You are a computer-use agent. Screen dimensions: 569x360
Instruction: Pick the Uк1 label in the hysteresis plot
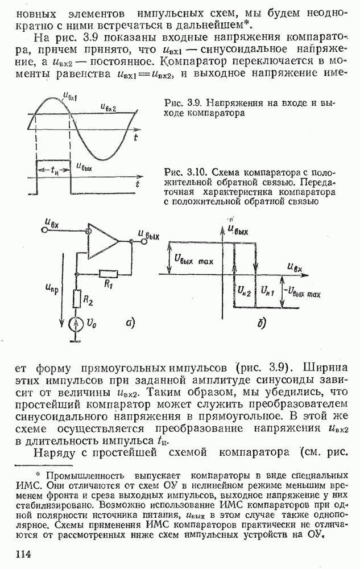point(268,291)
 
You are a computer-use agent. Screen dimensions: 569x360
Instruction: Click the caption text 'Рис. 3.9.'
point(180,104)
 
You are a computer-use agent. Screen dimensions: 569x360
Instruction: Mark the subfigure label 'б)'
point(262,324)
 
